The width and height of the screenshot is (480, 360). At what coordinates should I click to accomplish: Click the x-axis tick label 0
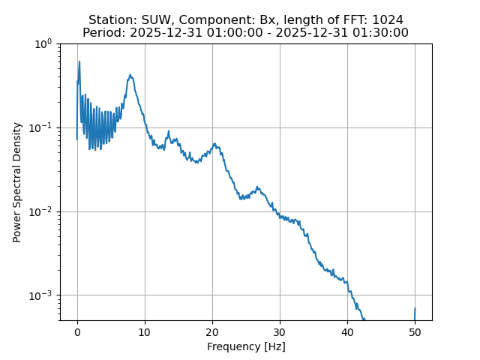pos(77,332)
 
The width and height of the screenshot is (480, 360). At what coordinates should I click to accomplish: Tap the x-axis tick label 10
pos(145,332)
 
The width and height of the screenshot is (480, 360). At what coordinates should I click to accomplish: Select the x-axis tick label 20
pos(212,332)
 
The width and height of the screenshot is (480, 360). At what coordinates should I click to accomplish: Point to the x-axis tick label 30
pos(280,332)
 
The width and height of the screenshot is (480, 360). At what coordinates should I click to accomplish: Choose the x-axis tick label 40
pos(347,332)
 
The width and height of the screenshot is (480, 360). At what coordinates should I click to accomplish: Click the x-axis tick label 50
pos(415,332)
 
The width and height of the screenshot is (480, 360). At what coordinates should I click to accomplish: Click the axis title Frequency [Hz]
pos(246,346)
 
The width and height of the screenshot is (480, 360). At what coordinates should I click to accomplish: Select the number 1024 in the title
pos(388,20)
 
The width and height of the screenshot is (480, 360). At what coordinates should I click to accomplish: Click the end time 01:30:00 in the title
pos(382,33)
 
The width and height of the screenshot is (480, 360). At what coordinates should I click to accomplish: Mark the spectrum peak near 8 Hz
pos(130,75)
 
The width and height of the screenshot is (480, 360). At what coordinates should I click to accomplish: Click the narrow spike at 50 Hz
pos(415,309)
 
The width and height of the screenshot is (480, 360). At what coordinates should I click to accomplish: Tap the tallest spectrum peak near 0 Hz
pos(79,62)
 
